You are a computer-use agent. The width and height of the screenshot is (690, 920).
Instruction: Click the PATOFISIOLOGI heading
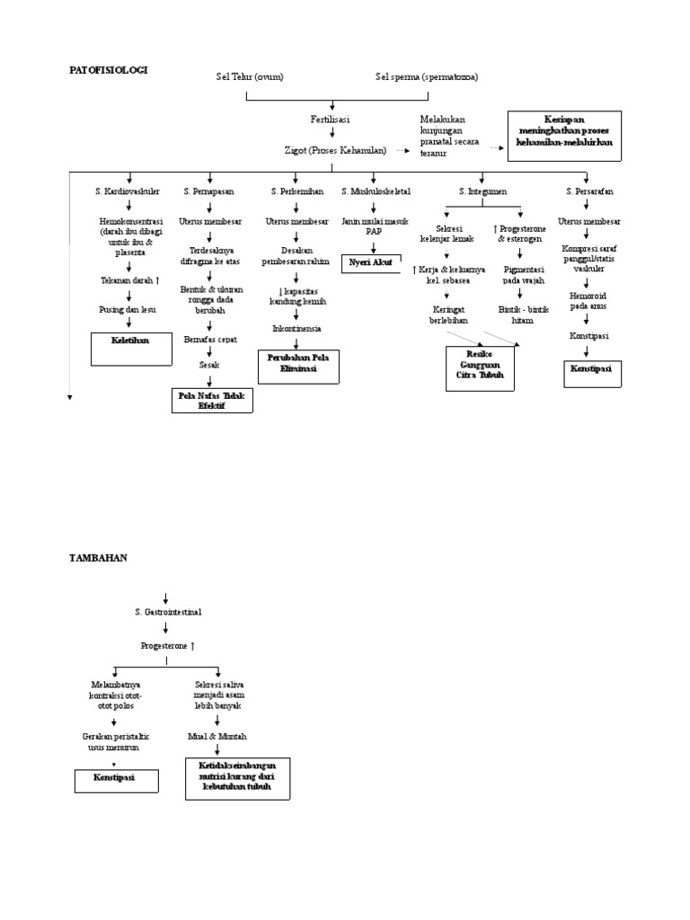109,69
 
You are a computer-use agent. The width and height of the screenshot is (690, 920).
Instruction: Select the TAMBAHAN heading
98,557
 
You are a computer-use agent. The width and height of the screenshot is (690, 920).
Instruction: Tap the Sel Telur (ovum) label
249,76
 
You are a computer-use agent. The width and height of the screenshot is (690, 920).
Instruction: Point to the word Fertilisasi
330,119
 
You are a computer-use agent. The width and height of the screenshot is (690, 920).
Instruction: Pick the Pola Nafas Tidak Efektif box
212,400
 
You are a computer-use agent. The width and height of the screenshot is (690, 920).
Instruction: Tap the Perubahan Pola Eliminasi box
297,363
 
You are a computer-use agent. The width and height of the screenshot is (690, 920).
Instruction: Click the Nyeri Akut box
371,262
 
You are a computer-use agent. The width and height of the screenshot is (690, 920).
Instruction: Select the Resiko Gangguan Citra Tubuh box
481,368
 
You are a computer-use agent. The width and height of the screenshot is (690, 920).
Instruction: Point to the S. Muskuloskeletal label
376,191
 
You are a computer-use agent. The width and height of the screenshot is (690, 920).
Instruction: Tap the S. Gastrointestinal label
168,612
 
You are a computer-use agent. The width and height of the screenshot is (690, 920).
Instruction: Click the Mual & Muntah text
217,736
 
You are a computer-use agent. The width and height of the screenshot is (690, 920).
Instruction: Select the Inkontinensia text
296,329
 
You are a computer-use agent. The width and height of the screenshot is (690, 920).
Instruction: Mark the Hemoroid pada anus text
588,299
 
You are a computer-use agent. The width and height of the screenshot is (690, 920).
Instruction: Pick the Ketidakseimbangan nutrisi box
237,778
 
